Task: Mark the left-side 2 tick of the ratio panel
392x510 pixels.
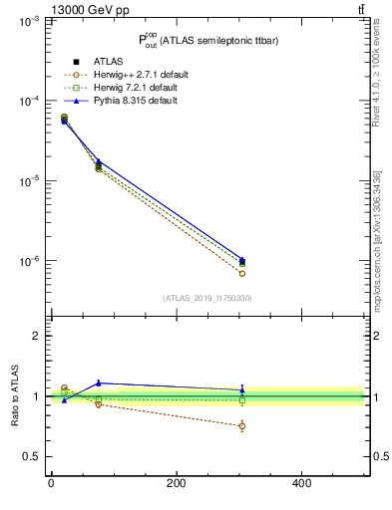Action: [x=32, y=336]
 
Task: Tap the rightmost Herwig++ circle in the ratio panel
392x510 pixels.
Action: [x=242, y=426]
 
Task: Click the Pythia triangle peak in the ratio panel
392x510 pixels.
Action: [x=98, y=382]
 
